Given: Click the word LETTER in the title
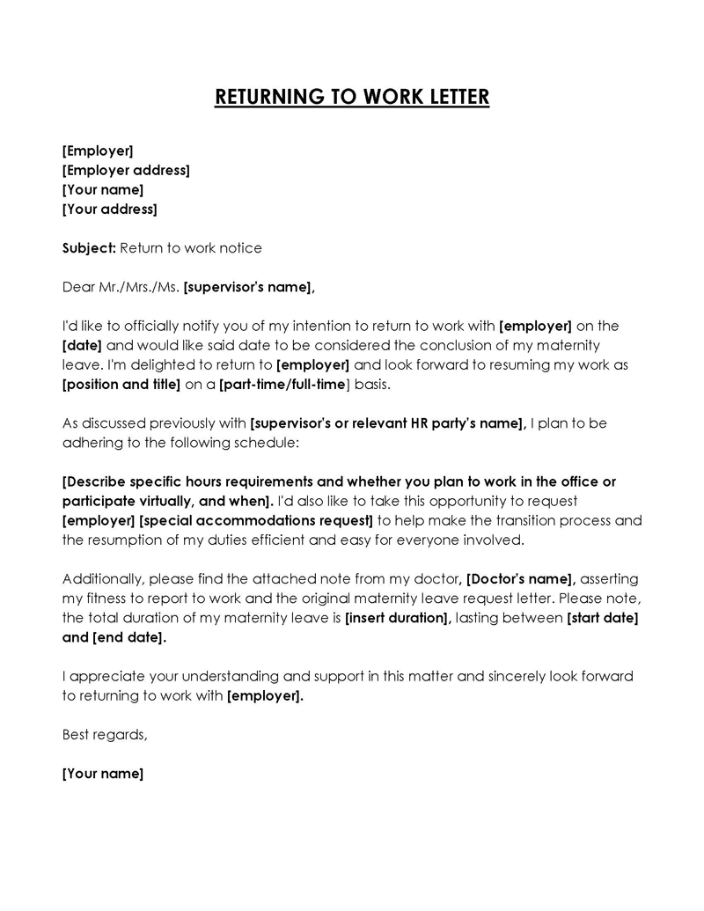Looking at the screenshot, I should point(456,96).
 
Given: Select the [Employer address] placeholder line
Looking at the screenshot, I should point(126,171).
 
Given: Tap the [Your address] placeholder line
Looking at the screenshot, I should point(110,209).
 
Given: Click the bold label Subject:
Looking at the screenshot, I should point(89,248).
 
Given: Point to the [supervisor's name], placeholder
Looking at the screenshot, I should point(249,287).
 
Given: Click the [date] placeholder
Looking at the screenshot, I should point(83,345).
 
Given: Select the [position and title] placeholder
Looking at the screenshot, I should point(121,384).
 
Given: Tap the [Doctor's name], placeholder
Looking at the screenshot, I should point(520,578).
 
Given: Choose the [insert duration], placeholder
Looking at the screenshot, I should point(398,618).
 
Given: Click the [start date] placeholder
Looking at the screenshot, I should point(603,618).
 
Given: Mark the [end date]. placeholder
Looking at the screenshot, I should point(128,637).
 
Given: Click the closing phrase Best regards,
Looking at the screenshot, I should point(105,734).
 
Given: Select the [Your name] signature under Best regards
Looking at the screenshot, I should point(103,774).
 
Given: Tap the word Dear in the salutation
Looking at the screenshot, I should point(78,287).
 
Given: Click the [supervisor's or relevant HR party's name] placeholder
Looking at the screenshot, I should point(388,423).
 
